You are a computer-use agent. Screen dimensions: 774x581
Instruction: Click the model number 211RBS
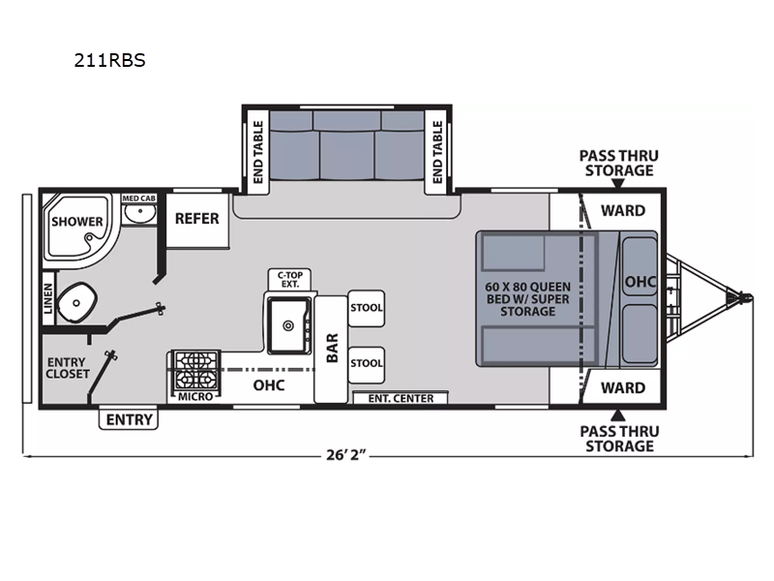109,60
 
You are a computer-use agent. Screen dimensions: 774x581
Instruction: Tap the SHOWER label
77,222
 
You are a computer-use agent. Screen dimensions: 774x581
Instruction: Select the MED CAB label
138,199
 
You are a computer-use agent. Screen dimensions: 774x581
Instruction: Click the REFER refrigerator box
197,221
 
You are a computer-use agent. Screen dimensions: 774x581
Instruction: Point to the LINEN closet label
47,298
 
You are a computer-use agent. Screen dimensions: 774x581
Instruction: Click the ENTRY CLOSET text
67,368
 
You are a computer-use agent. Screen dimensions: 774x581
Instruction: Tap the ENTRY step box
129,419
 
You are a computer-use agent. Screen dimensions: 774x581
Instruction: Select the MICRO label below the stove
195,396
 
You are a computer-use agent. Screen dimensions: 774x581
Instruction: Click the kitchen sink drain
288,325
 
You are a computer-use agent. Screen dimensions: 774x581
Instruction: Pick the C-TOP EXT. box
289,280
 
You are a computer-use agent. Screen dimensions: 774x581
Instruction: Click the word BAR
332,348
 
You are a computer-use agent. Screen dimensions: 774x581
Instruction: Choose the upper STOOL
367,308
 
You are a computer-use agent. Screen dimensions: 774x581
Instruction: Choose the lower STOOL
367,364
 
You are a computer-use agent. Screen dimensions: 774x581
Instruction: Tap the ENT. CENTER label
401,398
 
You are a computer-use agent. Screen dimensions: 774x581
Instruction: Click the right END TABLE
437,152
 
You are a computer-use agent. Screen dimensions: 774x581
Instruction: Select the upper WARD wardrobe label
623,211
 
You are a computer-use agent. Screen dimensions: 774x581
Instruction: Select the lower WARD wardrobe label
623,388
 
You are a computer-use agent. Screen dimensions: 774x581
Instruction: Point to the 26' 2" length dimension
346,454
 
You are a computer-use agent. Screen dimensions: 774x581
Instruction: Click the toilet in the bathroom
76,302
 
